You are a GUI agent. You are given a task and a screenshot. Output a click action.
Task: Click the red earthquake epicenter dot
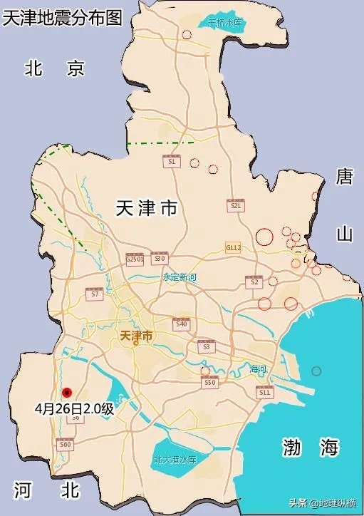[x=67, y=391]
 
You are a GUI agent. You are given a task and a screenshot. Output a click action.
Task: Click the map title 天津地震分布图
[x=62, y=18]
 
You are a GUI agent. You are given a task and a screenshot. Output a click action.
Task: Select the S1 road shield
[x=171, y=161]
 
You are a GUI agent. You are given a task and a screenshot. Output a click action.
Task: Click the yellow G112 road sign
[x=234, y=247]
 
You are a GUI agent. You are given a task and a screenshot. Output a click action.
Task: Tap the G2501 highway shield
[x=135, y=259]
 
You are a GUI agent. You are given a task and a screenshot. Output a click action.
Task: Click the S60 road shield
[x=66, y=443]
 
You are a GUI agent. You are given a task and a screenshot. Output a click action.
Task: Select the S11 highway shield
[x=265, y=391]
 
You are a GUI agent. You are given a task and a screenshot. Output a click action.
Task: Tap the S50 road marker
[x=209, y=382]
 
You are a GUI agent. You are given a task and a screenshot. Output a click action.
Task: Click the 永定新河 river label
[x=180, y=277]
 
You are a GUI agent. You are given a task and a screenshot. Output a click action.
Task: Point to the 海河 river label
[x=258, y=369]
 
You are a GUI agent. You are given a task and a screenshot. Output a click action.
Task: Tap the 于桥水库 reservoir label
[x=226, y=23]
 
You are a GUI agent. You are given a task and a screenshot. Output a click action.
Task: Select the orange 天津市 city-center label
[x=137, y=336]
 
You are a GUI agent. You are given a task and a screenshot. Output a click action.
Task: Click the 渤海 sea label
[x=309, y=448]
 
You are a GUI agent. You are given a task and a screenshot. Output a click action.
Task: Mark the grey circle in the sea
[x=316, y=371]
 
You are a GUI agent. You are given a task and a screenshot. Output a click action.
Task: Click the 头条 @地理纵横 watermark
[x=323, y=503]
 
